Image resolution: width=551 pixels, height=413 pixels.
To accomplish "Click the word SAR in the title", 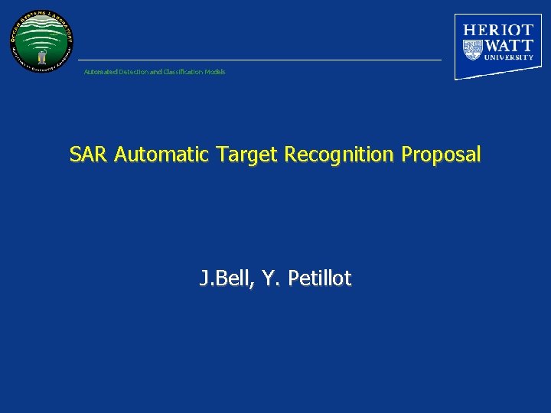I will coord(90,155).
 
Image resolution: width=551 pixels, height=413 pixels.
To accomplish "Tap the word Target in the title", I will coord(248,155).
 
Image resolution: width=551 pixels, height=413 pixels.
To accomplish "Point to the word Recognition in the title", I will coord(339,155).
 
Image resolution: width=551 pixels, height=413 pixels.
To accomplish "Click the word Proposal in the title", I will coord(442,155).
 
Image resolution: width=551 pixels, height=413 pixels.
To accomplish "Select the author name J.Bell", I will coord(224,279).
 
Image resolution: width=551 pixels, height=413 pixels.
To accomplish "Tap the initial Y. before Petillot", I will coord(271,279).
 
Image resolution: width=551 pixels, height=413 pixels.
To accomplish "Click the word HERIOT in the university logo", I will coord(498,30).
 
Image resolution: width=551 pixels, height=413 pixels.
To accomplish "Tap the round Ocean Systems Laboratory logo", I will coord(42,41).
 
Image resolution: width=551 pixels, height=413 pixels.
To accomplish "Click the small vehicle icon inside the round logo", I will coord(43,55).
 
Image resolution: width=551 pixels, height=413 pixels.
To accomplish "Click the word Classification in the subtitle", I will coord(184,72).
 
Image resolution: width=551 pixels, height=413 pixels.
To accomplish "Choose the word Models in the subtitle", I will coord(216,72).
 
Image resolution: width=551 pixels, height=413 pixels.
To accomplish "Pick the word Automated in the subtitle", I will coord(99,72).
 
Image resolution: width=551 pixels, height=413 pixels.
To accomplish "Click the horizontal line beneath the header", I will coord(260,60).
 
